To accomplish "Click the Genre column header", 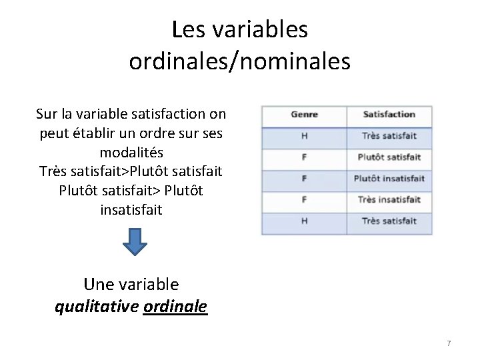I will [304, 115].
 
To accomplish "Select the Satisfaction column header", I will [389, 115].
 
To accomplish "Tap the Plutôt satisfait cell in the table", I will [389, 157].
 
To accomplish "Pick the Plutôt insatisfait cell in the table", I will [389, 179].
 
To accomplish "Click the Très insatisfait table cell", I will [389, 200].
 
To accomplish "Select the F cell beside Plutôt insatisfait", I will [304, 179].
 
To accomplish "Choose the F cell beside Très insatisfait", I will [304, 200].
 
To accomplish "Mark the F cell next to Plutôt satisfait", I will [304, 157].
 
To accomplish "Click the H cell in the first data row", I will [304, 136].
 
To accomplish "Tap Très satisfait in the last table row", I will [389, 221].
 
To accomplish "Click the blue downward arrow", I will [136, 242].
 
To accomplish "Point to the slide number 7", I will [449, 343].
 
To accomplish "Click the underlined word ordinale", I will [175, 307].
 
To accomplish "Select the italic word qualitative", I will [97, 307].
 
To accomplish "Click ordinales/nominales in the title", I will [239, 61].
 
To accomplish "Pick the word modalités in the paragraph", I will [131, 152].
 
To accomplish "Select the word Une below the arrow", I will [98, 285].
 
